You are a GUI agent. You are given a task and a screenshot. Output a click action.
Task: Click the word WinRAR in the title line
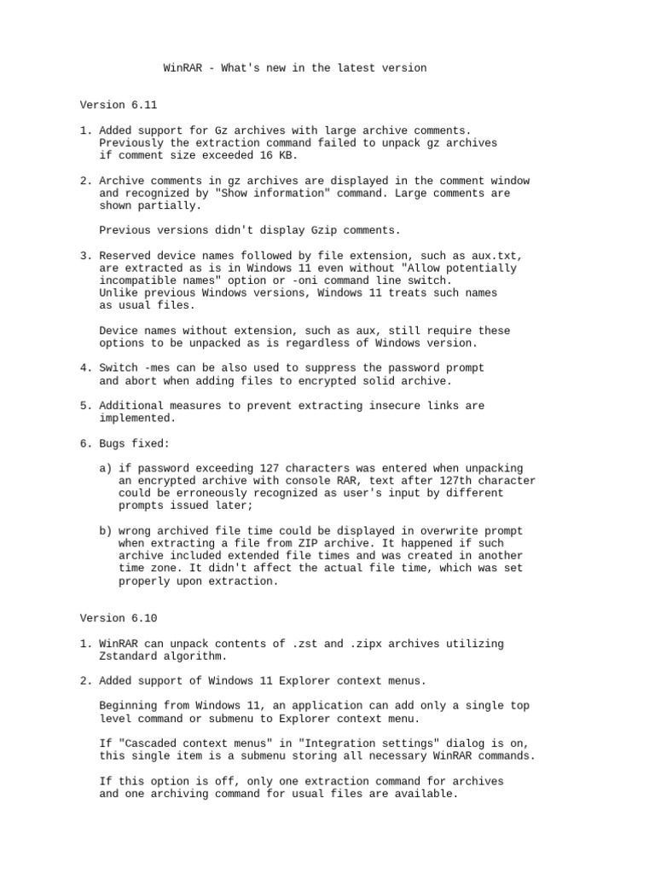183,67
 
